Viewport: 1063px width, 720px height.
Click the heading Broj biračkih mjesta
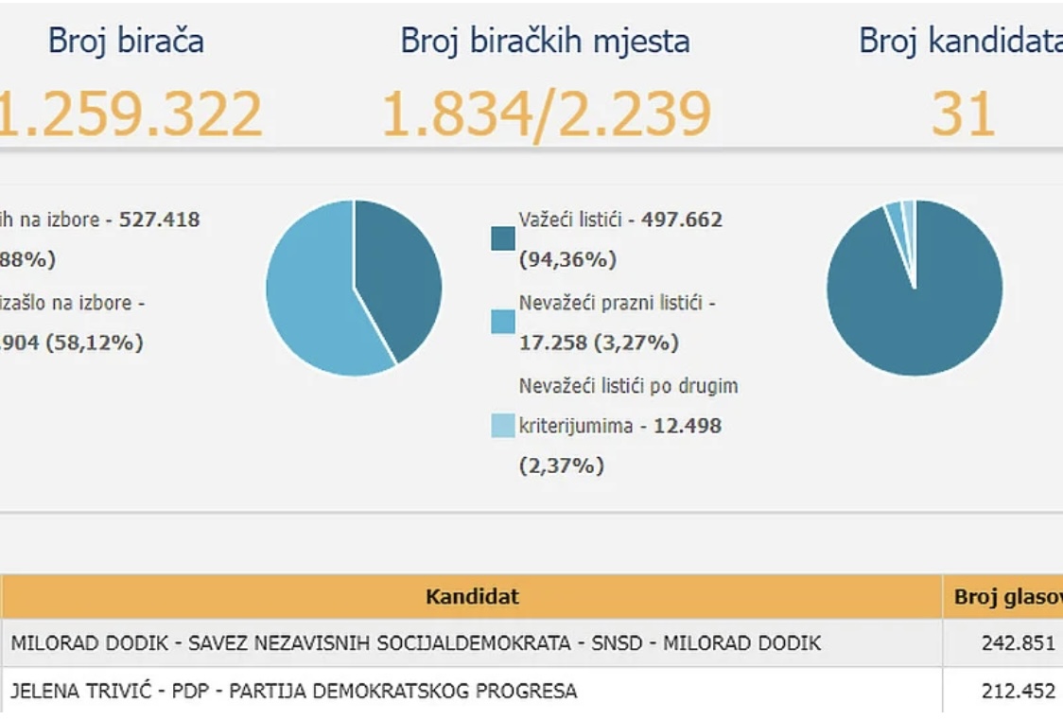pos(545,41)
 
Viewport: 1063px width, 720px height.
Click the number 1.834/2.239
pos(546,114)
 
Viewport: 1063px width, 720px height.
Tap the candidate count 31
pos(963,114)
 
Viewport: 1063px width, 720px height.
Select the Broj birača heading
pos(126,41)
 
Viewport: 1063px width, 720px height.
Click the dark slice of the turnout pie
pos(397,274)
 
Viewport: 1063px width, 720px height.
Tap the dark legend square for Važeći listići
pos(503,238)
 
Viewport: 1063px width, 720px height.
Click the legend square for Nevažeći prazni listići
pos(503,322)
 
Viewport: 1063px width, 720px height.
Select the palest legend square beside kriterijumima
pos(503,425)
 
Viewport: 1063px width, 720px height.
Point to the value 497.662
pos(681,220)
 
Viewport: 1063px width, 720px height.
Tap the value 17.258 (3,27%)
pos(598,342)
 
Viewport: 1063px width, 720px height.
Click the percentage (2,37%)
pos(561,465)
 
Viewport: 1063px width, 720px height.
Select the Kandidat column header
pos(472,597)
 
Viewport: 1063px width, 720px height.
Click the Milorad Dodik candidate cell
pos(416,643)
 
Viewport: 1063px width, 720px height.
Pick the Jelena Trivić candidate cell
pos(294,691)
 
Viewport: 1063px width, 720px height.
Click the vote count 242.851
pos(1018,643)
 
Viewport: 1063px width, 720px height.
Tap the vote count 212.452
pos(1018,691)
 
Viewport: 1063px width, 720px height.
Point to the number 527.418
pos(157,220)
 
